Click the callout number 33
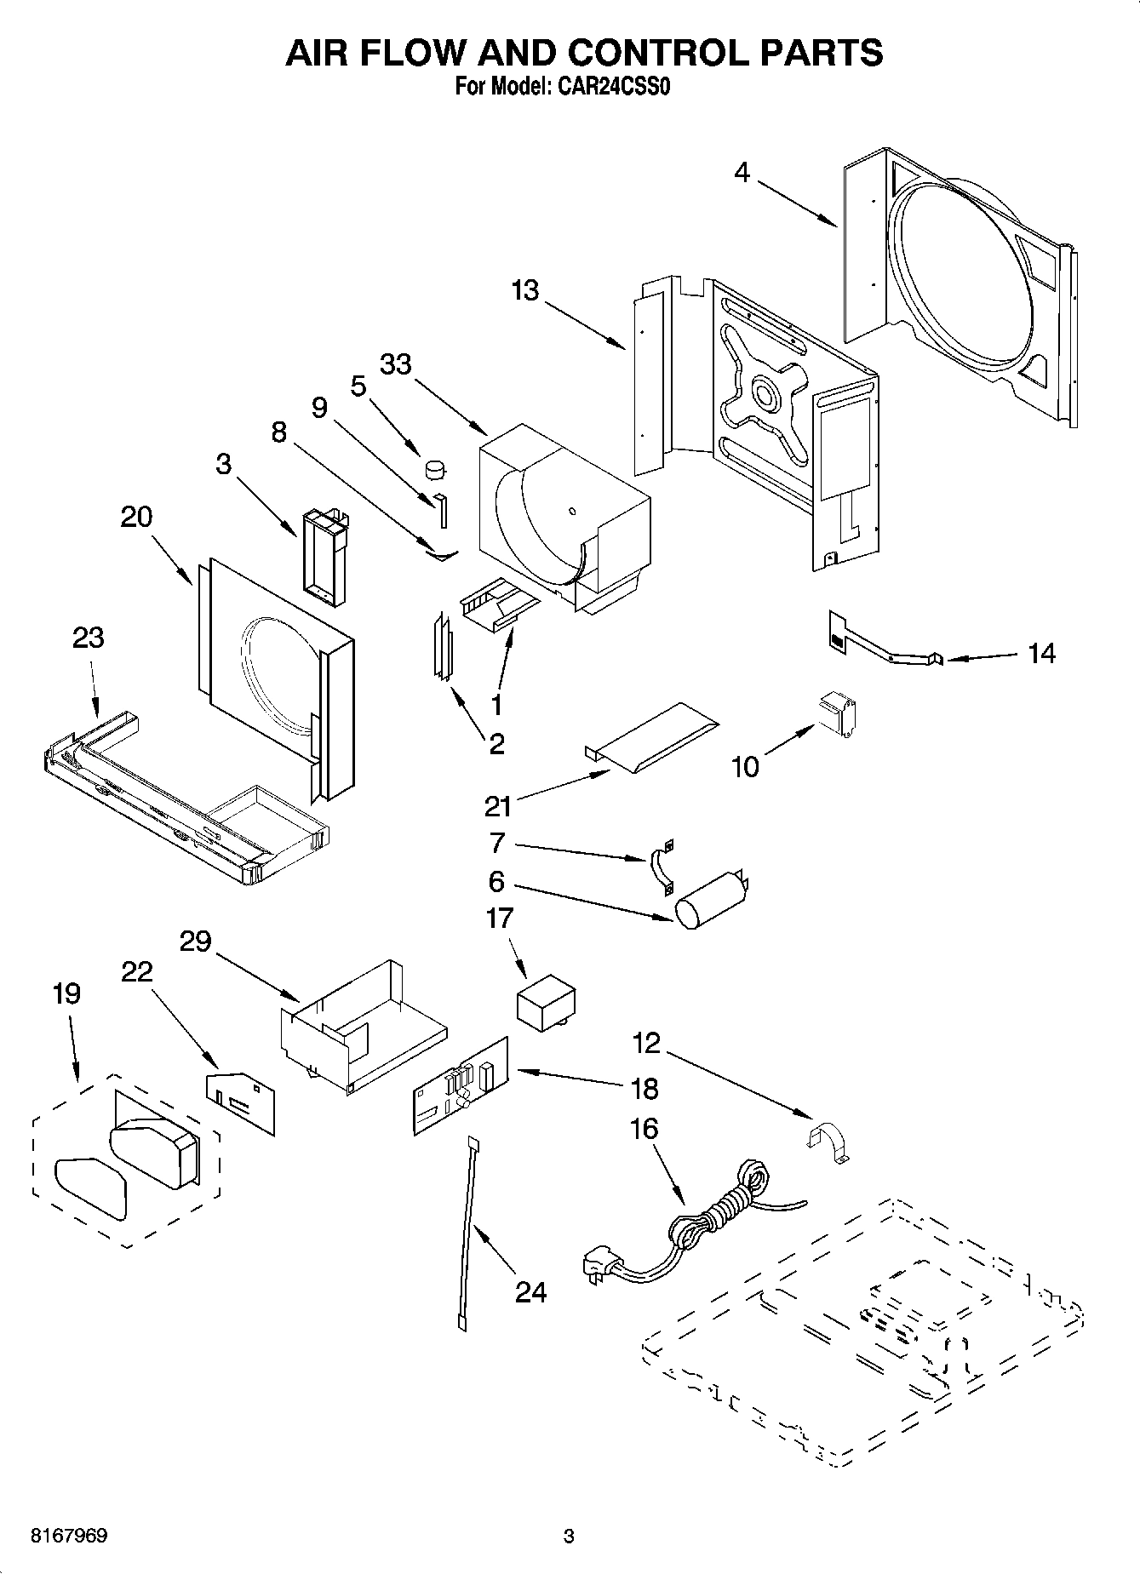tap(395, 364)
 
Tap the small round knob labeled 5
tap(436, 468)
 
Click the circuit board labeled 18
tap(461, 1086)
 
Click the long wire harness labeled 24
tap(467, 1233)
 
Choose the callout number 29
tap(195, 942)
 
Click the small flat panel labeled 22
tap(242, 1102)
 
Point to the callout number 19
tap(66, 993)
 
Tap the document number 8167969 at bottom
tap(69, 1537)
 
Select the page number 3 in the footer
tap(569, 1537)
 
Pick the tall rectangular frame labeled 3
tap(324, 557)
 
